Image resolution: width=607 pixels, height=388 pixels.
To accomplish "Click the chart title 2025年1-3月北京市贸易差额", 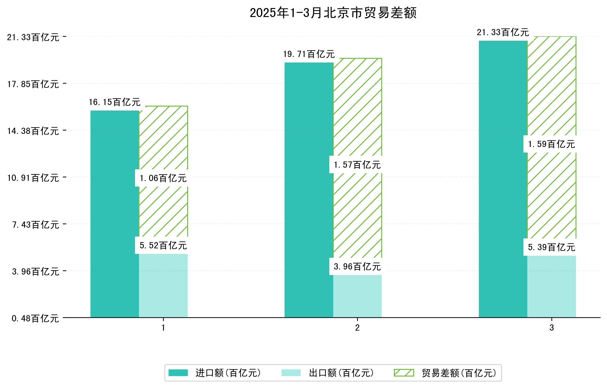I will [x=333, y=13].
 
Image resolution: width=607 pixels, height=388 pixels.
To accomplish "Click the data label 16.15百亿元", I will [x=115, y=102].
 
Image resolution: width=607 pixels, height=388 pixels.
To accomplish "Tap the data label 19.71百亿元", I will [x=309, y=54].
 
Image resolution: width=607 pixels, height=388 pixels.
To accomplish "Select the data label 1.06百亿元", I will [x=163, y=178].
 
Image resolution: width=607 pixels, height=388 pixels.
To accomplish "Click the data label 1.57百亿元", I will [x=357, y=165].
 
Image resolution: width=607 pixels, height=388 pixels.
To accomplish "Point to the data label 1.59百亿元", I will [x=552, y=144].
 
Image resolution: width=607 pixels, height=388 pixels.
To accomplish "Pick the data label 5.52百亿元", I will [x=163, y=245].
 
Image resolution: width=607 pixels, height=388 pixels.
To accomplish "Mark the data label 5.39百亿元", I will [x=552, y=247].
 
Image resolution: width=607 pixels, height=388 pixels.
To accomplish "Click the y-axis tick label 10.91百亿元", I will [x=33, y=178].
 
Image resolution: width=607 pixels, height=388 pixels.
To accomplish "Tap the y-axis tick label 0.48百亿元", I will [x=35, y=318].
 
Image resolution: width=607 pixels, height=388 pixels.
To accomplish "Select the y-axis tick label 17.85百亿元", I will [x=33, y=84].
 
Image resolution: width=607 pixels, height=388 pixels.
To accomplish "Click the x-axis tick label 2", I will [x=357, y=328].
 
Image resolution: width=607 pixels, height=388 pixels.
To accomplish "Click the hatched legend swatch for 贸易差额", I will [x=404, y=373].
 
